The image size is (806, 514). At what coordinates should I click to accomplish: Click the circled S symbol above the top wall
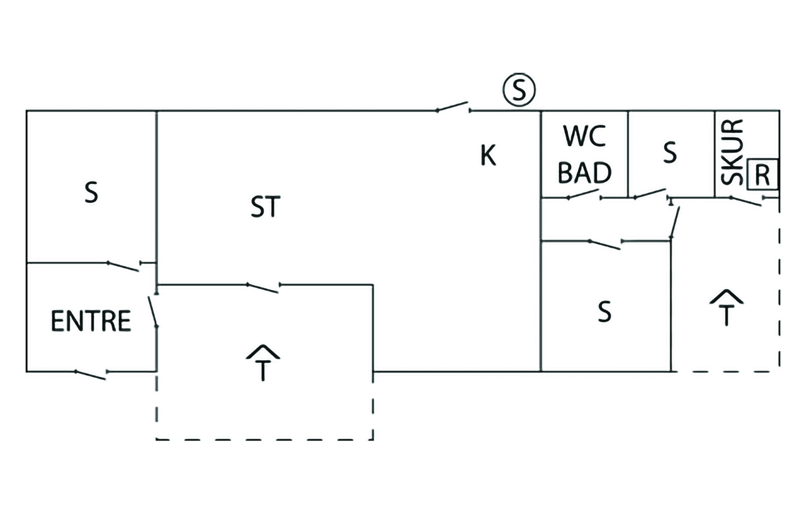519,90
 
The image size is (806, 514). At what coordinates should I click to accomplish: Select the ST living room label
266,207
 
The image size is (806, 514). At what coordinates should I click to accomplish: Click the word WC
584,136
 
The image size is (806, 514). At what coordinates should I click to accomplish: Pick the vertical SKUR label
732,152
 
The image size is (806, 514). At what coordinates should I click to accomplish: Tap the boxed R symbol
762,175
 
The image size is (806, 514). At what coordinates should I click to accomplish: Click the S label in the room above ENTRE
91,193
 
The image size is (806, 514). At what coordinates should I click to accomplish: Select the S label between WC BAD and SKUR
669,153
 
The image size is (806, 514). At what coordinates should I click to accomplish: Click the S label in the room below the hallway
604,312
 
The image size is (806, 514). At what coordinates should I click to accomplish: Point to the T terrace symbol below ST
263,363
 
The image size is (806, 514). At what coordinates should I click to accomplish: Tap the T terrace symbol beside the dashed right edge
726,307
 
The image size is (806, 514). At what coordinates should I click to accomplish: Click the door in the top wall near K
453,107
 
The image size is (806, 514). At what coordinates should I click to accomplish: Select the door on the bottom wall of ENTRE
91,374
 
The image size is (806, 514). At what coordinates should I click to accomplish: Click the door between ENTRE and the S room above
124,266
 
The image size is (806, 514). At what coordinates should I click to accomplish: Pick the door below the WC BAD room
584,194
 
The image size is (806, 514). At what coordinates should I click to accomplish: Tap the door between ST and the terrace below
263,288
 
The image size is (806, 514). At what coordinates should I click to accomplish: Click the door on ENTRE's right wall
153,311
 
